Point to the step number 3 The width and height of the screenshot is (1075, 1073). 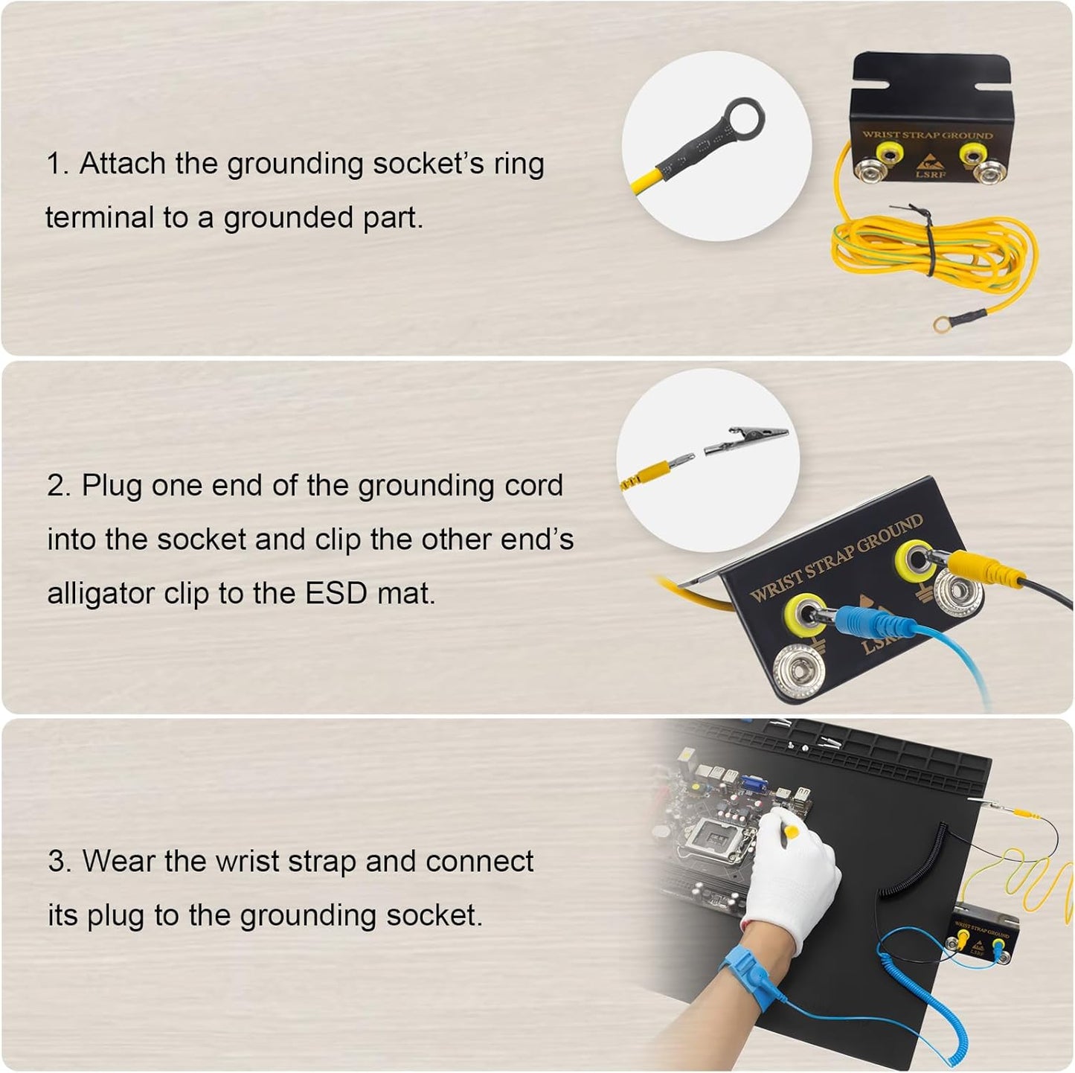[57, 862]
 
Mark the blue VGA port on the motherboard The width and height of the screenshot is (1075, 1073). [751, 784]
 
